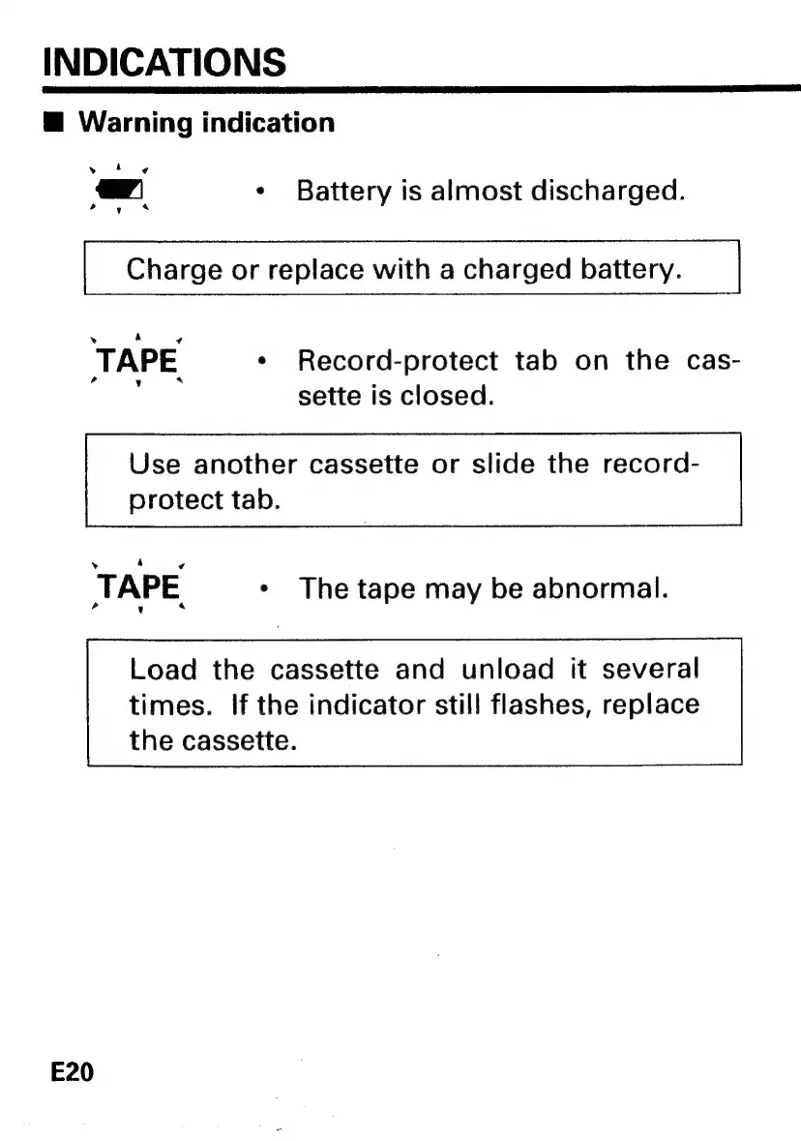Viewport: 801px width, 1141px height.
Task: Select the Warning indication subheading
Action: click(206, 123)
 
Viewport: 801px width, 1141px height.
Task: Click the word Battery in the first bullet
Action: click(344, 190)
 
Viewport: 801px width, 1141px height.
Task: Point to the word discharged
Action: click(608, 190)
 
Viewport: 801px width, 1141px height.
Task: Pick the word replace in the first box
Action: click(312, 269)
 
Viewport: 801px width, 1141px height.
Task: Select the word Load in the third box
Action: click(163, 669)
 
